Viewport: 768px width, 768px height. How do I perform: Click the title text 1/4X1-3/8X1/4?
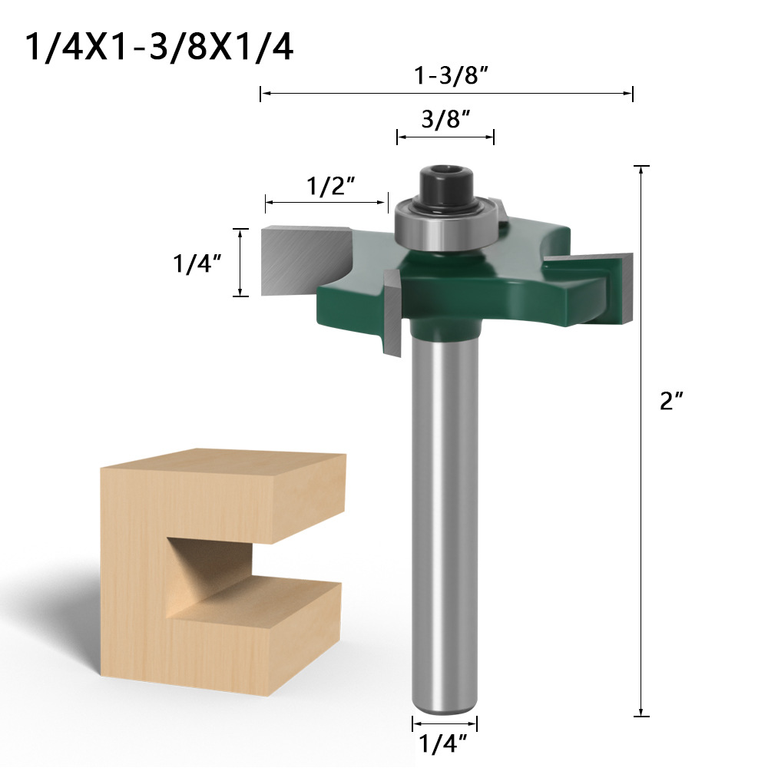tap(160, 47)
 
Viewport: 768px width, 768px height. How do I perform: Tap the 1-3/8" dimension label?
tap(451, 75)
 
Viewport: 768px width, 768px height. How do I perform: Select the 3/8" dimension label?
tap(445, 119)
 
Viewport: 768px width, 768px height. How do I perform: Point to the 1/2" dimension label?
tap(330, 186)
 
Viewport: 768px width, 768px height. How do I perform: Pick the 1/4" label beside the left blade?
tap(197, 263)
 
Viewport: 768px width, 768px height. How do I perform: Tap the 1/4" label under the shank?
tap(443, 744)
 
